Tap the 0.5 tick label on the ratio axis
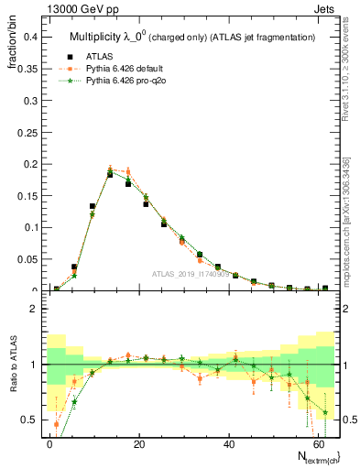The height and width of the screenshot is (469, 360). pos(29,419)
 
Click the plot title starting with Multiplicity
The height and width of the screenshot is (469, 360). pos(192,37)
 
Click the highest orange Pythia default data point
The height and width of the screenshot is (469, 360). pos(110,169)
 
